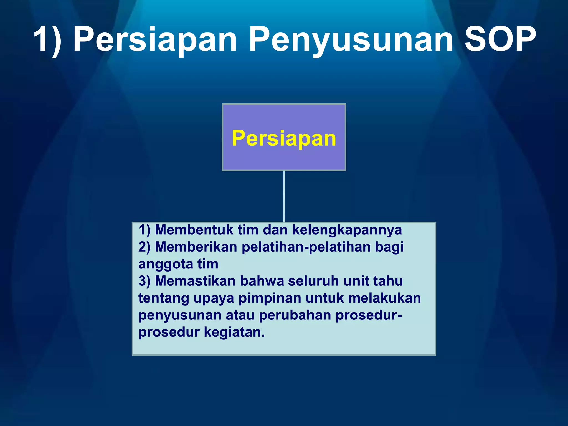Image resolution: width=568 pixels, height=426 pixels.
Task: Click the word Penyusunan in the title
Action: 351,39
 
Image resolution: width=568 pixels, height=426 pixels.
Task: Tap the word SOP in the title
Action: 500,39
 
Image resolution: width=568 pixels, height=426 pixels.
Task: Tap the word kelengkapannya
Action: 347,230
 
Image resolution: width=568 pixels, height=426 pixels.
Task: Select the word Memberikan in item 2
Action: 196,247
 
